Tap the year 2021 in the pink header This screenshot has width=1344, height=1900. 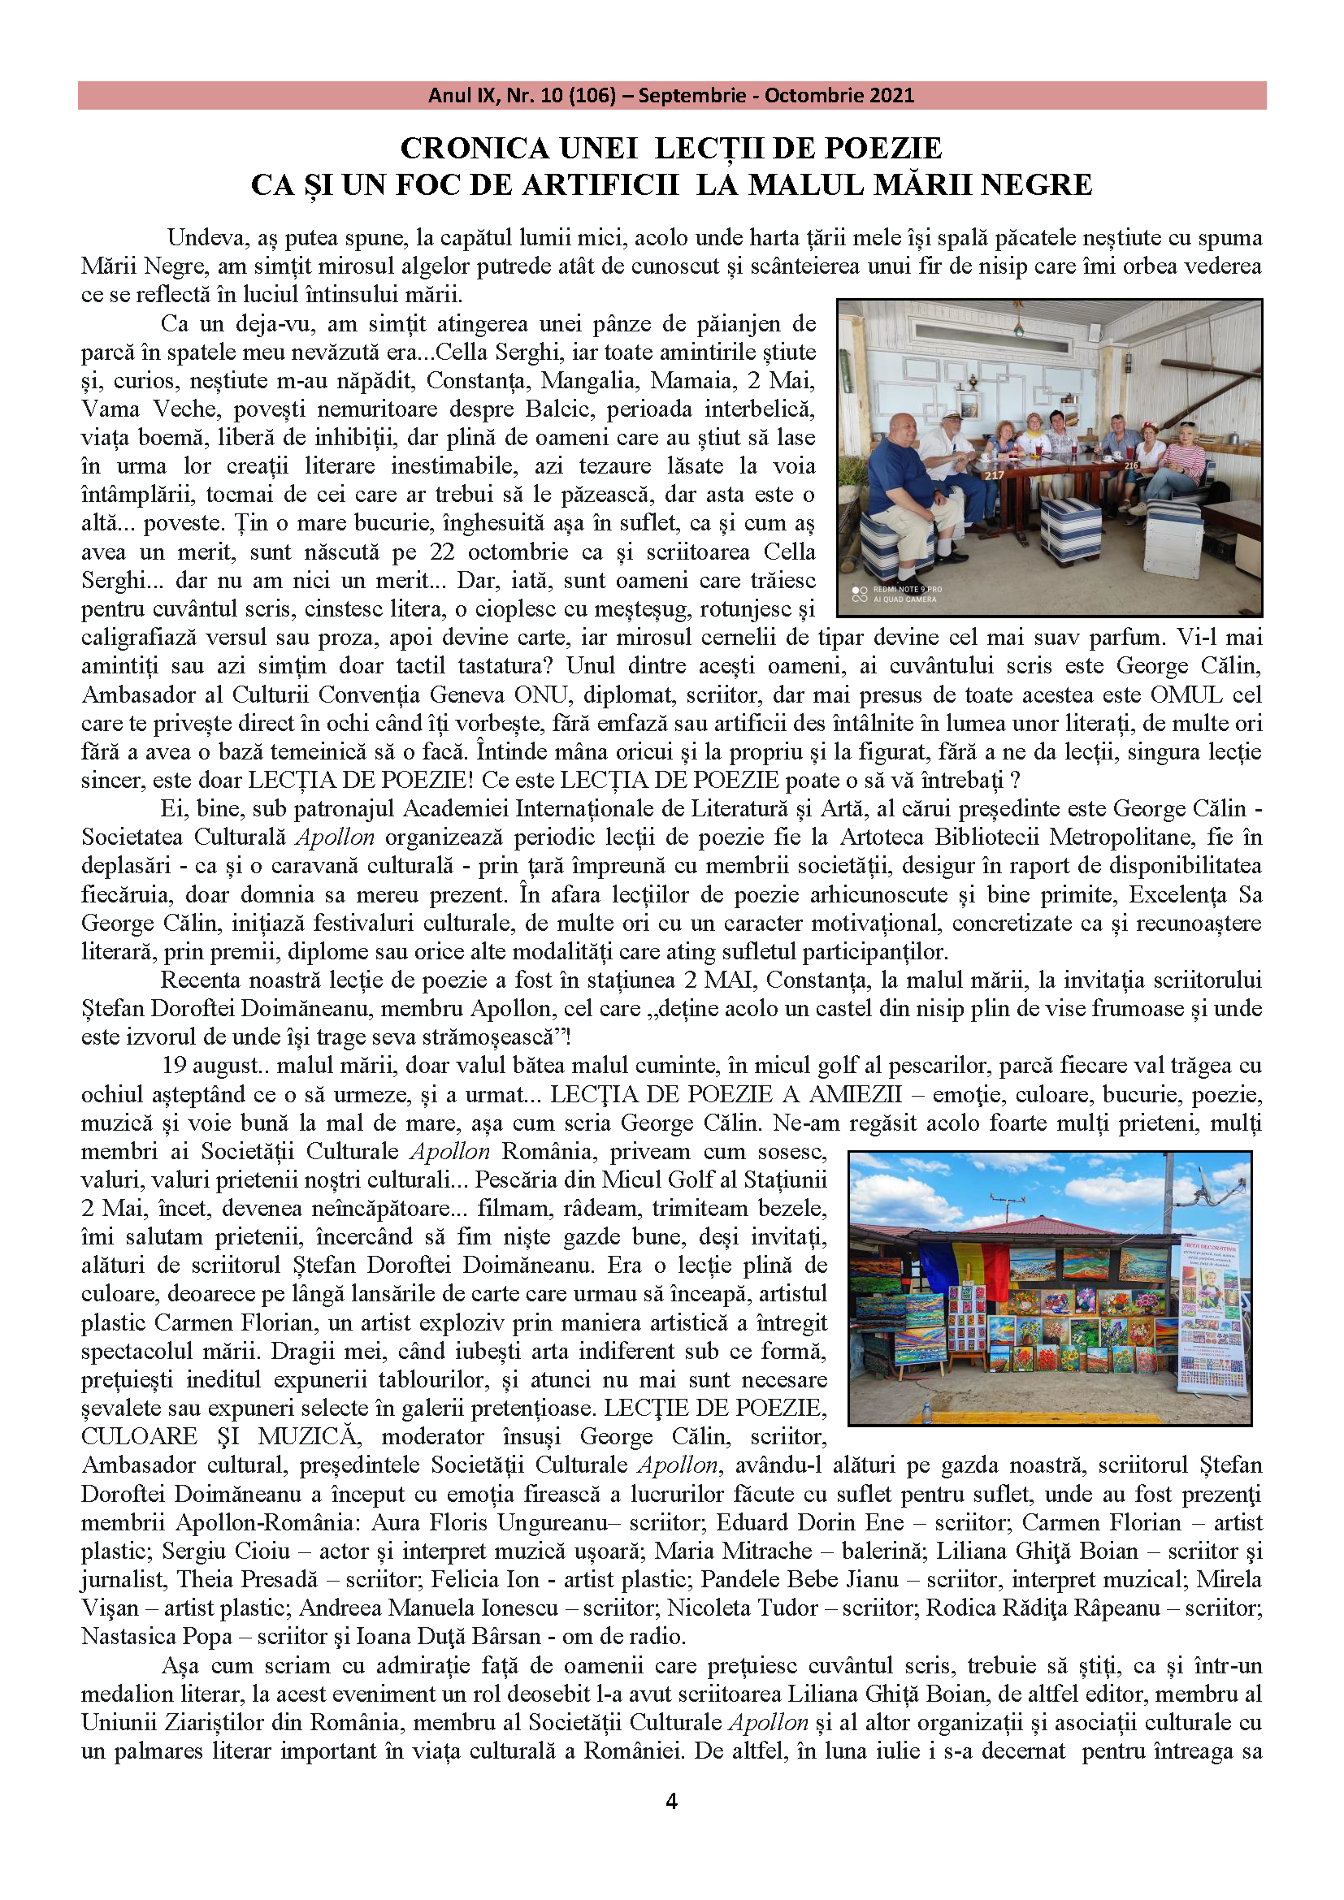887,95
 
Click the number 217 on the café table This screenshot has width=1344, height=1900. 994,475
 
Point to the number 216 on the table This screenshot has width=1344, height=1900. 1131,465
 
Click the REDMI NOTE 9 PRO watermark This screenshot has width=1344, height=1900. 907,590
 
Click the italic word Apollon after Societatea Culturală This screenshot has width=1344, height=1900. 335,837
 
